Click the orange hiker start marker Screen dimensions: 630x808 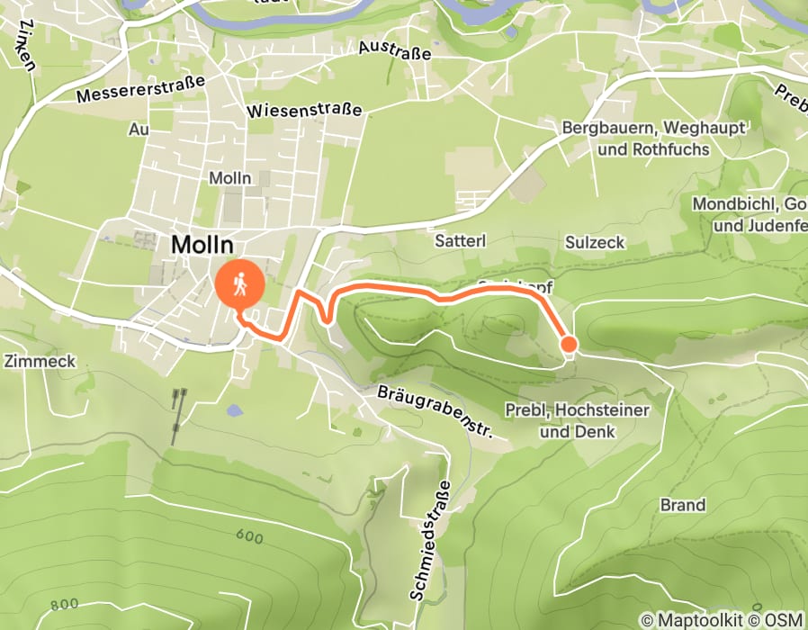click(x=240, y=286)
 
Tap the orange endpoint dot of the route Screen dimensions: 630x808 click(x=569, y=343)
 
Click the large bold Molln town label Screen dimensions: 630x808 click(x=202, y=244)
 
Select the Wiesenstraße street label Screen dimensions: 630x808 click(x=303, y=110)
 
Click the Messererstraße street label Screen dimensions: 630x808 click(x=141, y=88)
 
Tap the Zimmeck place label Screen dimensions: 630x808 click(x=39, y=361)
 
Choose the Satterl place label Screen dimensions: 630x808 click(x=460, y=241)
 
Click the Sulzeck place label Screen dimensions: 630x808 click(x=595, y=241)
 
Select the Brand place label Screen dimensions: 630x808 click(x=683, y=505)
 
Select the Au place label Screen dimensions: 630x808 click(x=138, y=130)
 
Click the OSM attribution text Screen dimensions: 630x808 click(x=785, y=619)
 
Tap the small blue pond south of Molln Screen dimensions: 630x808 click(x=235, y=410)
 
